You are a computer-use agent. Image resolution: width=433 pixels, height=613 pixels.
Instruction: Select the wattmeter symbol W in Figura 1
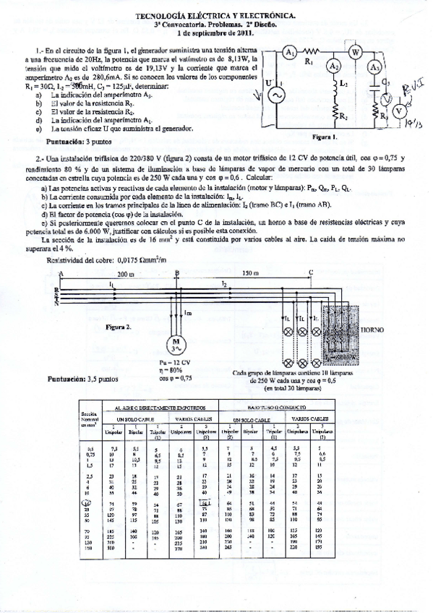(x=354, y=53)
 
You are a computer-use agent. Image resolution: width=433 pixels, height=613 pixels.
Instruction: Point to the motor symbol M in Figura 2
(x=175, y=343)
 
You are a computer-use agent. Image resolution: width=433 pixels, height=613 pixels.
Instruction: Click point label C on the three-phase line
(x=311, y=273)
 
